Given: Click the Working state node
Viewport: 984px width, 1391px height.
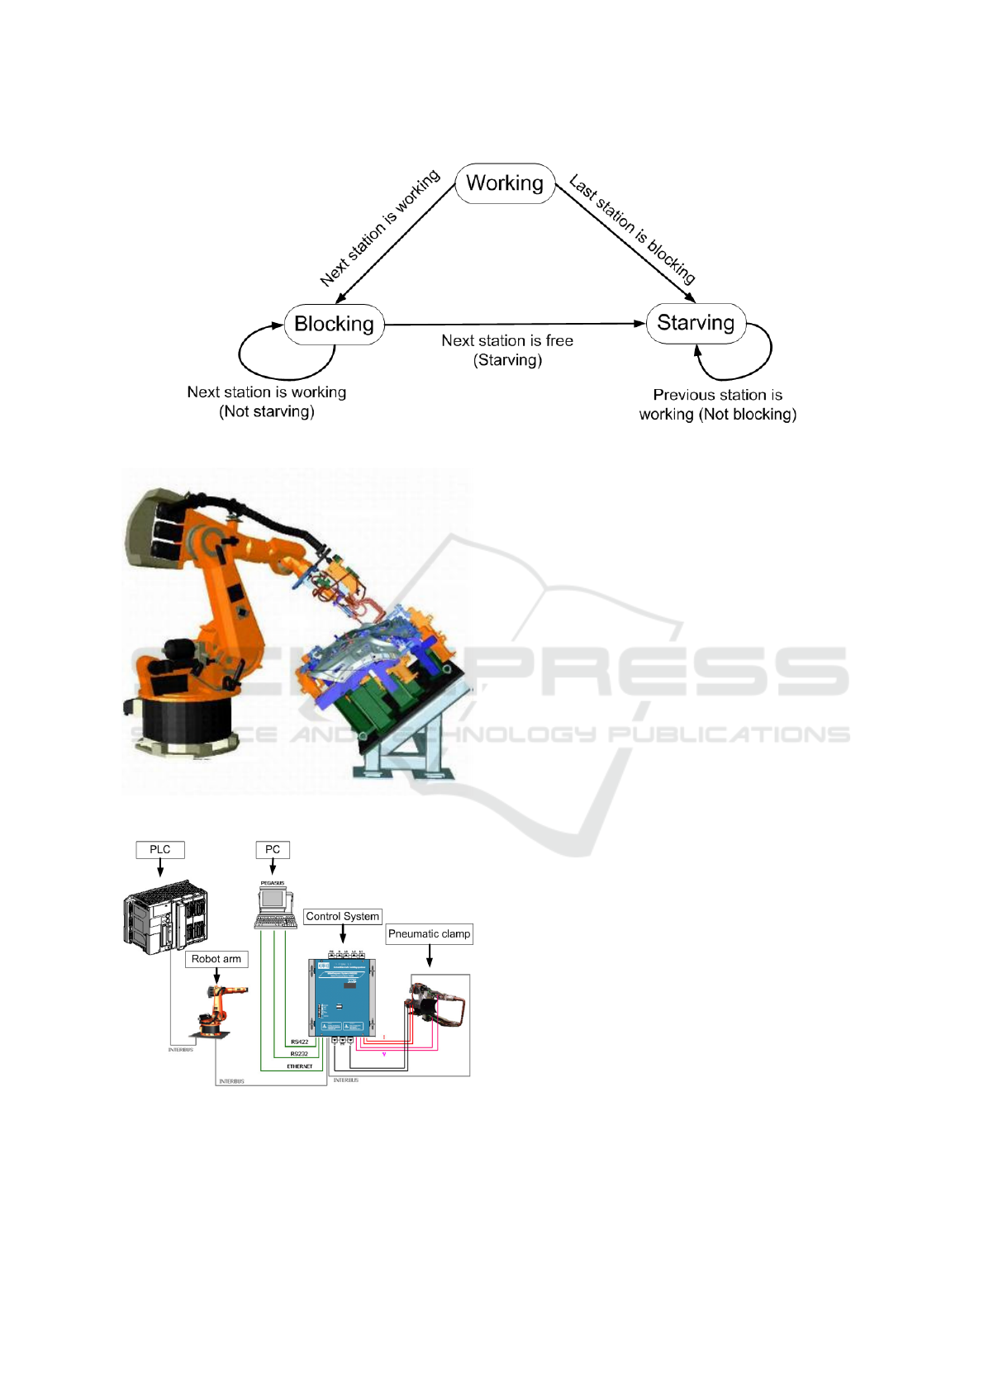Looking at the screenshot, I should point(505,183).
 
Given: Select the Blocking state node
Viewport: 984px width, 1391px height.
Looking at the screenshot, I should point(334,324).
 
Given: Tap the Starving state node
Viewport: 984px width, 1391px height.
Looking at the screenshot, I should point(696,323).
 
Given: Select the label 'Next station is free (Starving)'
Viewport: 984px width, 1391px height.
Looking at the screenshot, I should point(507,350).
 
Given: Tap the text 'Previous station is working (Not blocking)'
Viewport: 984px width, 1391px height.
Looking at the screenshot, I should point(717,405).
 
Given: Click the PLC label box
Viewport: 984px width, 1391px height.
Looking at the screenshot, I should point(160,850).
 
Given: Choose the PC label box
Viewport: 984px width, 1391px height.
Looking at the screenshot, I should point(273,850).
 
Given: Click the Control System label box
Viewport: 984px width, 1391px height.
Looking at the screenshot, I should point(343,917).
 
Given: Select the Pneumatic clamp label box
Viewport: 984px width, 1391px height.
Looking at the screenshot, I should point(430,934).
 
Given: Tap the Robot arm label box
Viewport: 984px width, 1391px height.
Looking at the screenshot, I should point(216,959).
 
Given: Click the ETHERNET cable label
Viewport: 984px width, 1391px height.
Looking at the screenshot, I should point(299,1066).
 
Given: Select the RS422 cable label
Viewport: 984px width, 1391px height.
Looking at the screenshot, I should point(299,1042).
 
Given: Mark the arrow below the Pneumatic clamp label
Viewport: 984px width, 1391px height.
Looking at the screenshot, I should point(430,956).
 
